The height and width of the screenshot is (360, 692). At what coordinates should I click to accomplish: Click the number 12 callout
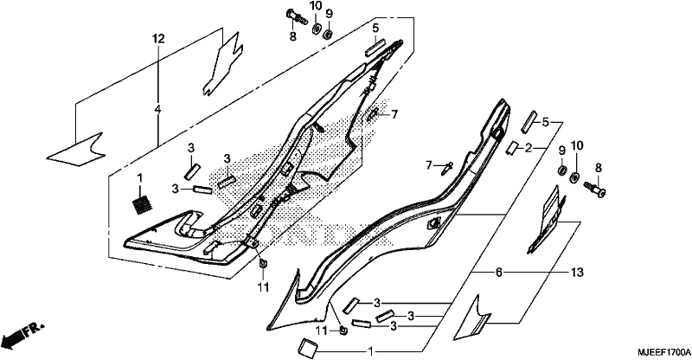click(x=158, y=39)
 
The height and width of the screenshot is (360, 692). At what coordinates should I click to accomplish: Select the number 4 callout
click(x=158, y=109)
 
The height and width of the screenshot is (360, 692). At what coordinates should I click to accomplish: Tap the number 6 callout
click(x=499, y=273)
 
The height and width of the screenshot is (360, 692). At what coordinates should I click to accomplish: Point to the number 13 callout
click(x=577, y=273)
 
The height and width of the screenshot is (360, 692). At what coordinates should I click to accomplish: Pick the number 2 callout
click(x=529, y=148)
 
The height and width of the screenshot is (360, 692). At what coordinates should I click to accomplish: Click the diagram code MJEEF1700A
click(x=663, y=352)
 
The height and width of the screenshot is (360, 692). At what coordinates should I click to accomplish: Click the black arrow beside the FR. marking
click(x=12, y=339)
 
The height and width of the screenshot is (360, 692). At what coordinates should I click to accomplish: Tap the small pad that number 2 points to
click(x=513, y=148)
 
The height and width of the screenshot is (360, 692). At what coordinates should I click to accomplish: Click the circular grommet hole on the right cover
click(x=497, y=133)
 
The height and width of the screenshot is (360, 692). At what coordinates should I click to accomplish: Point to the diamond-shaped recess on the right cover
click(x=433, y=223)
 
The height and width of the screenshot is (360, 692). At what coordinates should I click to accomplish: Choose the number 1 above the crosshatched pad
click(x=140, y=178)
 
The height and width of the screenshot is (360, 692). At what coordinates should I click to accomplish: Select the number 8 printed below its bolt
click(x=292, y=36)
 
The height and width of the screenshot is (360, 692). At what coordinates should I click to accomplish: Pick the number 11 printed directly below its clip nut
click(x=263, y=287)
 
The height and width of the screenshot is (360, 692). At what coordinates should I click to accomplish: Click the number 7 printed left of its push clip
click(x=428, y=165)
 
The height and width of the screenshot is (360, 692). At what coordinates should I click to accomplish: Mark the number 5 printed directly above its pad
click(x=375, y=29)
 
